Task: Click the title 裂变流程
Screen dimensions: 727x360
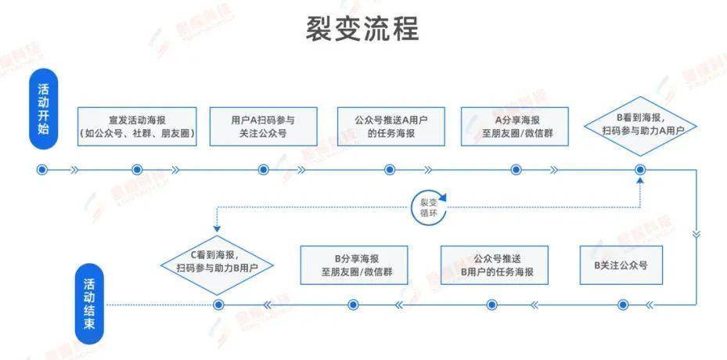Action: [x=362, y=29]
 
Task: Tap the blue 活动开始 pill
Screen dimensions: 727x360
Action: [x=43, y=109]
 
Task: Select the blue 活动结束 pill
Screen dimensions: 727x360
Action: [x=89, y=304]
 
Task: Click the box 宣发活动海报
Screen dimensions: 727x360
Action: [x=137, y=127]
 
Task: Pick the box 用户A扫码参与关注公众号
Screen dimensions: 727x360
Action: [x=264, y=127]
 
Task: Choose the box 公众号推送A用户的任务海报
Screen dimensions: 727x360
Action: [x=390, y=127]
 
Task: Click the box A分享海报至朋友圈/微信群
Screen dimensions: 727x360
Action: [x=515, y=127]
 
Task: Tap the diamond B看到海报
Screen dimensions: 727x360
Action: [x=640, y=126]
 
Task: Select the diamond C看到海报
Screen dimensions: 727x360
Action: [x=217, y=265]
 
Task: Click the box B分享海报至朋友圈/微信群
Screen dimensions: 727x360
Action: [x=355, y=265]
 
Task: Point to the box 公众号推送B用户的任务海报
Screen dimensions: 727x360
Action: [x=495, y=265]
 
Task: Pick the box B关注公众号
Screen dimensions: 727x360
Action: [x=621, y=265]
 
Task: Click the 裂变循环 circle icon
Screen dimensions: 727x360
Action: [x=430, y=207]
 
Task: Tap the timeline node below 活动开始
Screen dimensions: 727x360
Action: [x=42, y=170]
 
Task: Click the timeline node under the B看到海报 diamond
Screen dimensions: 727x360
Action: [x=640, y=170]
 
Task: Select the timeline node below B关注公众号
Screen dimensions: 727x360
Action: [x=623, y=304]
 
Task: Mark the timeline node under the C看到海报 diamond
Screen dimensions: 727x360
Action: [x=218, y=304]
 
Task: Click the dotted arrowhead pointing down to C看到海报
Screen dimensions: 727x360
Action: [x=217, y=229]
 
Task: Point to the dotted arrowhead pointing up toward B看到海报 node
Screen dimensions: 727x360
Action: [x=640, y=180]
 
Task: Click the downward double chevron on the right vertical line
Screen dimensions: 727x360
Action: [x=696, y=233]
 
